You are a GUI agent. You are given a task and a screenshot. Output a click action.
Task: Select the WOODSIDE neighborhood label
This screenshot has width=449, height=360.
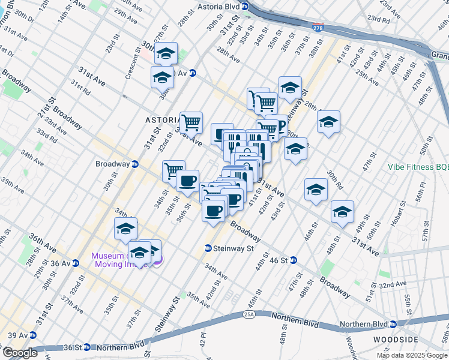(x=418, y=340)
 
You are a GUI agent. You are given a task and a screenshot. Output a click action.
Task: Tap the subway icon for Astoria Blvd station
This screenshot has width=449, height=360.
(x=245, y=11)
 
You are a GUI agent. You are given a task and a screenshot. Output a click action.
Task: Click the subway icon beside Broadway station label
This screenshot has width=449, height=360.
(x=135, y=163)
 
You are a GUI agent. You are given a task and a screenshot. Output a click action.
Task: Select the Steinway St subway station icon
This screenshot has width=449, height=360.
(x=208, y=248)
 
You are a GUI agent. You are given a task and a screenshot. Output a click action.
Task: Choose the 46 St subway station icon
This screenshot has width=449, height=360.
(x=294, y=260)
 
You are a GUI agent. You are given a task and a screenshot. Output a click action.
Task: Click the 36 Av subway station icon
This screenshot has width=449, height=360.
(x=76, y=263)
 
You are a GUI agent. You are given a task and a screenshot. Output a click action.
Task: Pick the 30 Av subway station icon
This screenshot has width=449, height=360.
(x=193, y=73)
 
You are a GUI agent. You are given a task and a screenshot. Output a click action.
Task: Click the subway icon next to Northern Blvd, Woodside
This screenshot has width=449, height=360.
(x=393, y=324)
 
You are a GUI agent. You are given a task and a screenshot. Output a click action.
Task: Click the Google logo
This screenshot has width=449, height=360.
(x=20, y=353)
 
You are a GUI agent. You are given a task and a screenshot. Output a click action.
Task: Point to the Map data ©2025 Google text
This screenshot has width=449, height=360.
(x=412, y=355)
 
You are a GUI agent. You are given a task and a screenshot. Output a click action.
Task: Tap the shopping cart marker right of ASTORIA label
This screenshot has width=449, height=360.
(x=191, y=122)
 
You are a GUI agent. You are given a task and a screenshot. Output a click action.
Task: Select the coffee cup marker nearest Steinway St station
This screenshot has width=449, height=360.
(x=214, y=211)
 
